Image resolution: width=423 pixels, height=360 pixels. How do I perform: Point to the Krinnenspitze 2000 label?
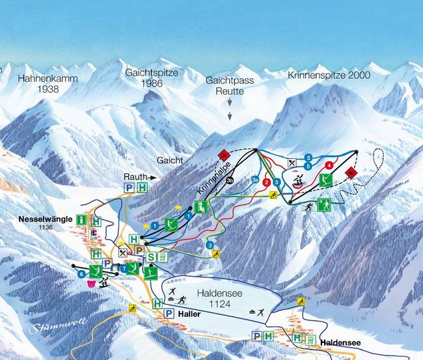pos(329,76)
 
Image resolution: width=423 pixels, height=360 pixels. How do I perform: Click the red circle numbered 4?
pos(330,165)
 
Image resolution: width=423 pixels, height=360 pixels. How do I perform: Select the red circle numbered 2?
pos(267,183)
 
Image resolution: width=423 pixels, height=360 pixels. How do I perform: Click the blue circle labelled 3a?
pos(255,179)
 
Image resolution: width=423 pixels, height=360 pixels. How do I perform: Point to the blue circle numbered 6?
pos(82,275)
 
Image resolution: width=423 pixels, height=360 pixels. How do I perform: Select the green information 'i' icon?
pos(81,220)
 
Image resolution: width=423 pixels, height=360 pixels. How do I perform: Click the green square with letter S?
pos(152,257)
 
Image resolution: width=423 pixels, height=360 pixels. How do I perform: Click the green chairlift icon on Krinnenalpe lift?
pos(201,208)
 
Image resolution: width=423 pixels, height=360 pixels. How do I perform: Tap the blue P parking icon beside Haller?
pos(169,314)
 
